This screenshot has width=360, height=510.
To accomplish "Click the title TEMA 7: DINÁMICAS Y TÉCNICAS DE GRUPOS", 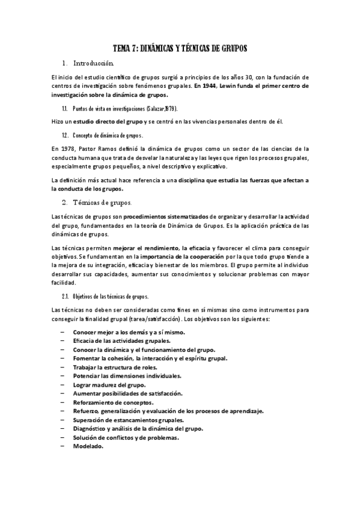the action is pyautogui.click(x=180, y=48).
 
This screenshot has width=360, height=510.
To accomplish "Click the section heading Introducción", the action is pyautogui.click(x=93, y=63).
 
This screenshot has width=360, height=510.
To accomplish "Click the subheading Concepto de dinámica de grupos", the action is pyautogui.click(x=108, y=135).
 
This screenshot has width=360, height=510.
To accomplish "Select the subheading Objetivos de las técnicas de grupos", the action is pyautogui.click(x=111, y=296).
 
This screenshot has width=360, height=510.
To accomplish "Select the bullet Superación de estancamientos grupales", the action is pyautogui.click(x=129, y=420).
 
